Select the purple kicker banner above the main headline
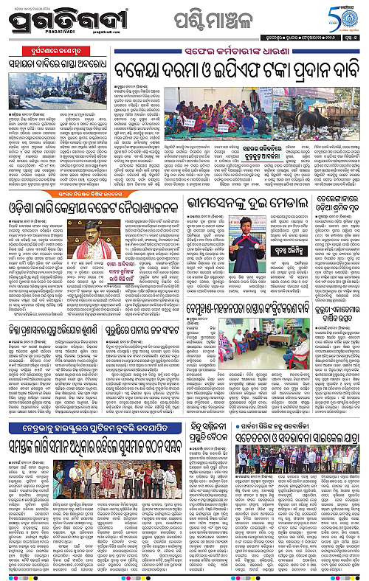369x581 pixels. [232, 58]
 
